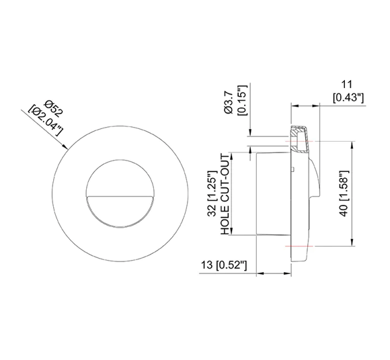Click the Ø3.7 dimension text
coord(229,101)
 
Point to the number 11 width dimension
coord(348,85)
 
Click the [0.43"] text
coord(348,97)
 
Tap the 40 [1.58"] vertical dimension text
coord(345,194)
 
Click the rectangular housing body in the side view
coord(272,193)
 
